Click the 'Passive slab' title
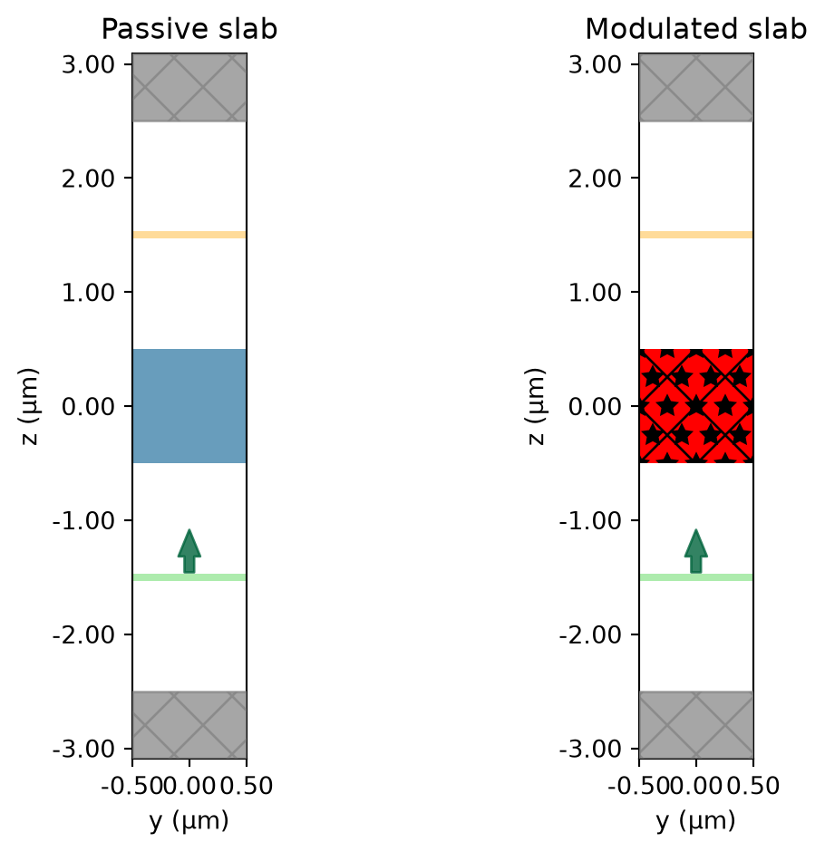(x=189, y=29)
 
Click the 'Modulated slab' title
(x=695, y=29)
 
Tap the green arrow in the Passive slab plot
(x=189, y=551)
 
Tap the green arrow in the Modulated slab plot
(x=695, y=551)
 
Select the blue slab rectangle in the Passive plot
(x=189, y=406)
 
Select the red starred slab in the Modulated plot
(x=695, y=406)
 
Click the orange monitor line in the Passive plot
(x=189, y=235)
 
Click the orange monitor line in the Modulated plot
(x=695, y=235)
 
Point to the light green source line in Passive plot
(x=189, y=577)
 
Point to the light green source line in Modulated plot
(x=695, y=577)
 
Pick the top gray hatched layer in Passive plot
(x=189, y=87)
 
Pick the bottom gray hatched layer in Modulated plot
(x=695, y=725)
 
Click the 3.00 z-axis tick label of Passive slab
(x=88, y=64)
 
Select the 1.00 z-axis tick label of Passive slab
(x=88, y=293)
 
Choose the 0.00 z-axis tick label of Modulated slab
(x=595, y=406)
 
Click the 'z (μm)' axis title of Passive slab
(x=29, y=406)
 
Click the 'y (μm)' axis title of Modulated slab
(x=695, y=820)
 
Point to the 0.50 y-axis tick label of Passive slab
(x=247, y=786)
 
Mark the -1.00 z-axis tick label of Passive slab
(x=83, y=520)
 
